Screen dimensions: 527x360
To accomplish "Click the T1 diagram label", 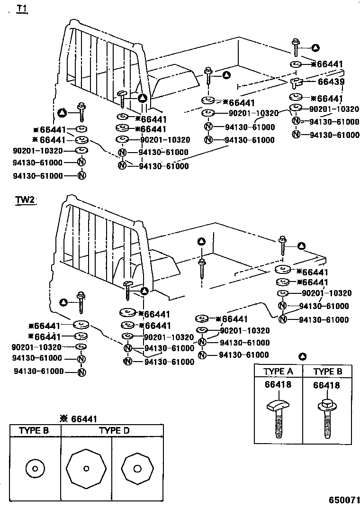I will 22,9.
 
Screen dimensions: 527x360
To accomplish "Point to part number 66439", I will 331,82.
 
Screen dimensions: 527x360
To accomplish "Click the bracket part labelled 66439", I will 296,84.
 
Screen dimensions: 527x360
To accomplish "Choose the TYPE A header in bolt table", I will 278,372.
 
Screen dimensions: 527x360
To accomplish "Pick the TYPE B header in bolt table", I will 327,372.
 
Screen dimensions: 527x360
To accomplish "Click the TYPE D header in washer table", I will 114,431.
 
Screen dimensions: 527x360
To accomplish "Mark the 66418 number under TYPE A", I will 278,385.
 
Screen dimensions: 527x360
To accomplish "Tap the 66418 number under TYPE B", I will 326,385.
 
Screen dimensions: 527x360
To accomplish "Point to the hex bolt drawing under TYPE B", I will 326,419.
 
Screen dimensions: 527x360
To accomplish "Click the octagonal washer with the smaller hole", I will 86,469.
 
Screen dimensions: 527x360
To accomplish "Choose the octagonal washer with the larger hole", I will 137,469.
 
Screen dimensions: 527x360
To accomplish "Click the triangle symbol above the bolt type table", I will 304,356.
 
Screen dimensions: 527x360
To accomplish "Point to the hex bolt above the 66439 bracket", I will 296,48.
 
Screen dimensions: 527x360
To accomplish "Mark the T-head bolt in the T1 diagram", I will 123,100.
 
